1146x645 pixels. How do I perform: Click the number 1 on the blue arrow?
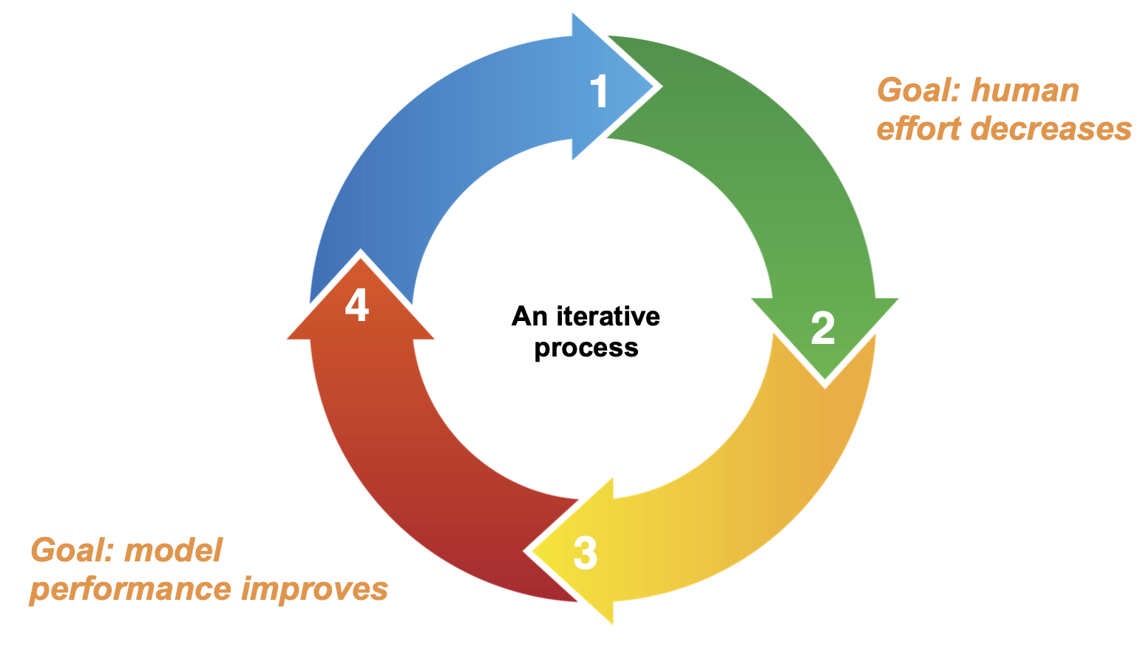tap(599, 90)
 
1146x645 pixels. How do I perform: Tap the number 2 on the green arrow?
tap(823, 328)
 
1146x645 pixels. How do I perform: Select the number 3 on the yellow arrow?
tap(586, 553)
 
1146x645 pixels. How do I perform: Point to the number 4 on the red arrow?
tap(357, 305)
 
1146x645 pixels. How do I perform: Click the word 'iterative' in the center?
tap(608, 317)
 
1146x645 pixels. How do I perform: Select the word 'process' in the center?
tap(586, 348)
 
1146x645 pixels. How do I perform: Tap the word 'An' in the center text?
tap(529, 317)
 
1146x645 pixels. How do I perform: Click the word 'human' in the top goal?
tap(1025, 90)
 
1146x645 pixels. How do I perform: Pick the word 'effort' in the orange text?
tap(919, 128)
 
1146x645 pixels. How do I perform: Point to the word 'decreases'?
tap(1051, 129)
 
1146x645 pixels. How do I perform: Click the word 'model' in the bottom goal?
tap(174, 550)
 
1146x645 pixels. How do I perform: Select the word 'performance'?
tap(130, 590)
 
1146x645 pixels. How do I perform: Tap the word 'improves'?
tap(315, 589)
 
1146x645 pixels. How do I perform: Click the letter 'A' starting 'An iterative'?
tap(521, 317)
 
